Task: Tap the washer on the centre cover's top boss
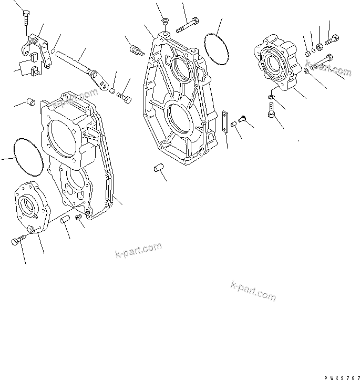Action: click(164, 21)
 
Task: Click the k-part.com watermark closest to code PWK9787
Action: click(253, 291)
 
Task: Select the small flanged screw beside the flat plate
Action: click(242, 119)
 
